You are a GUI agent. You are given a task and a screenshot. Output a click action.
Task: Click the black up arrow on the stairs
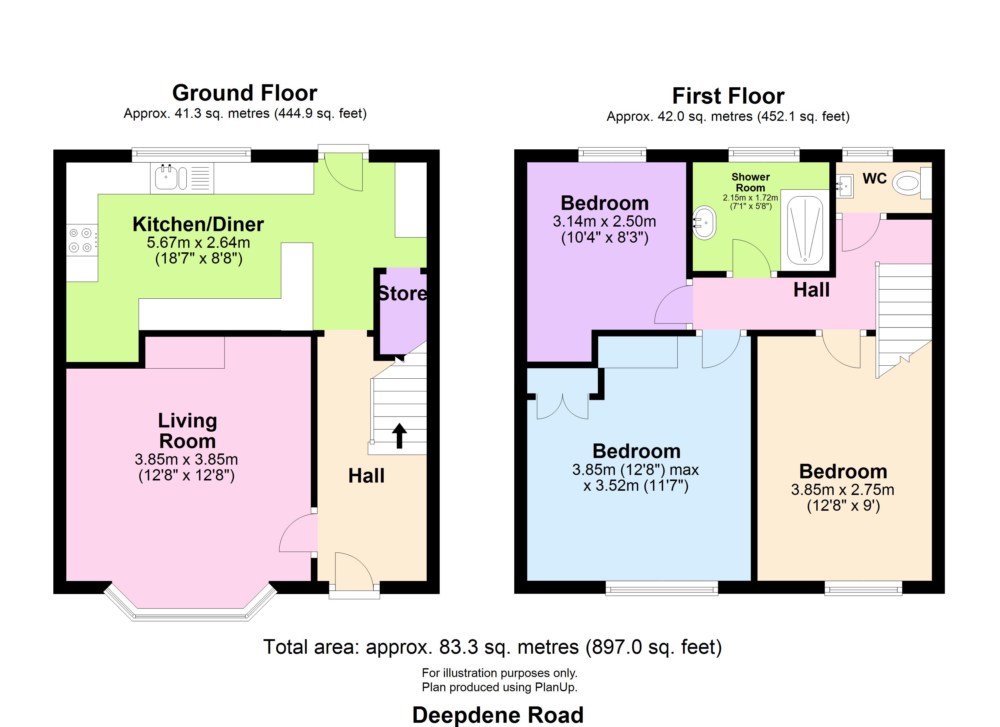click(399, 436)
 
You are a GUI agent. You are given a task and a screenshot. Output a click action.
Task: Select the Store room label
click(402, 294)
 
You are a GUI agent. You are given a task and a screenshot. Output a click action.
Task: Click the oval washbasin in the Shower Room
click(705, 223)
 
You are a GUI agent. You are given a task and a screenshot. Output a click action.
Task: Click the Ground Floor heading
click(245, 93)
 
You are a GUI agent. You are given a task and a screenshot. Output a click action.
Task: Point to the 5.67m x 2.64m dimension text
click(198, 242)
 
